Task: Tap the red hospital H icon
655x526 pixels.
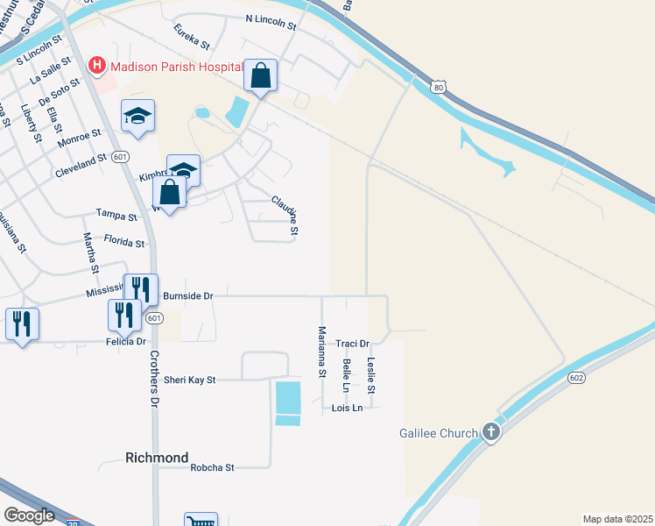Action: click(x=97, y=66)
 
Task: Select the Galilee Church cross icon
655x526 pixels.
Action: click(x=491, y=431)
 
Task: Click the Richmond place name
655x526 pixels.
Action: click(x=157, y=458)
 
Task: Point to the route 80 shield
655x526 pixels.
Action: click(x=439, y=86)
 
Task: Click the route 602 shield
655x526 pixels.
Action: click(x=575, y=377)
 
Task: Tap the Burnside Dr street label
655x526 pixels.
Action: click(x=188, y=296)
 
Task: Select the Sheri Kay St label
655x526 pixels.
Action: click(x=189, y=380)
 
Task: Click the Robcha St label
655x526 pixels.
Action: click(x=212, y=467)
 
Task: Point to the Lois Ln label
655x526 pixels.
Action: click(x=347, y=408)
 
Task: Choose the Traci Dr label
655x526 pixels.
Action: click(x=352, y=344)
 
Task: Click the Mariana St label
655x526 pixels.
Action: click(x=321, y=352)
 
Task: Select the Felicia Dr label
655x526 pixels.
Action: click(x=127, y=341)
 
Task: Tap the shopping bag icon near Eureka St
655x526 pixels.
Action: click(x=261, y=75)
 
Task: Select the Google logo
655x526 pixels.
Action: click(x=30, y=515)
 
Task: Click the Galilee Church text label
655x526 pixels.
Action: click(x=439, y=432)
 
